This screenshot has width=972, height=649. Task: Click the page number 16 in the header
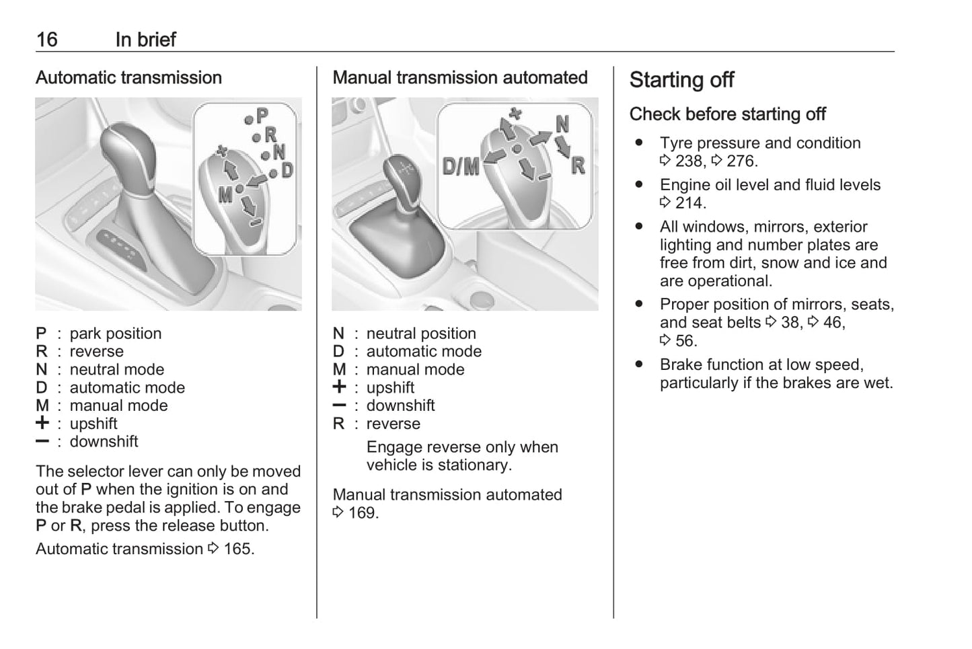point(46,40)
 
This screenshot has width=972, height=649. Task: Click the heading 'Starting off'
point(681,80)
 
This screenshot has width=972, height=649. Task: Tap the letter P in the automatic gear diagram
point(262,116)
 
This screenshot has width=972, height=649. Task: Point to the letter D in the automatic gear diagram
point(287,170)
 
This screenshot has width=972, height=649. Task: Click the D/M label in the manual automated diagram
point(461,166)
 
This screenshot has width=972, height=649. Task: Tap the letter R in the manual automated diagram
point(578,165)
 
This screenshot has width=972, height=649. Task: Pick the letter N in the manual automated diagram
point(562,124)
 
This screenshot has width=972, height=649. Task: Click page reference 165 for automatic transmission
point(238,549)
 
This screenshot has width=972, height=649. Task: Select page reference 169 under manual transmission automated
point(363,513)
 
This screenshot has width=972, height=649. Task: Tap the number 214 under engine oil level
point(690,203)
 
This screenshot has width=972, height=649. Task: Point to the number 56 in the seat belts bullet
point(685,341)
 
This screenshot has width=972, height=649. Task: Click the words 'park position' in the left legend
point(115,334)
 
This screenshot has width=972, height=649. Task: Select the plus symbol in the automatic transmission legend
point(42,423)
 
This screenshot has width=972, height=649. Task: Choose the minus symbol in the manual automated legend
point(339,406)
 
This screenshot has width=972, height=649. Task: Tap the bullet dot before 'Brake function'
point(638,364)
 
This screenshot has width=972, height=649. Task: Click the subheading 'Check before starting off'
point(727,114)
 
